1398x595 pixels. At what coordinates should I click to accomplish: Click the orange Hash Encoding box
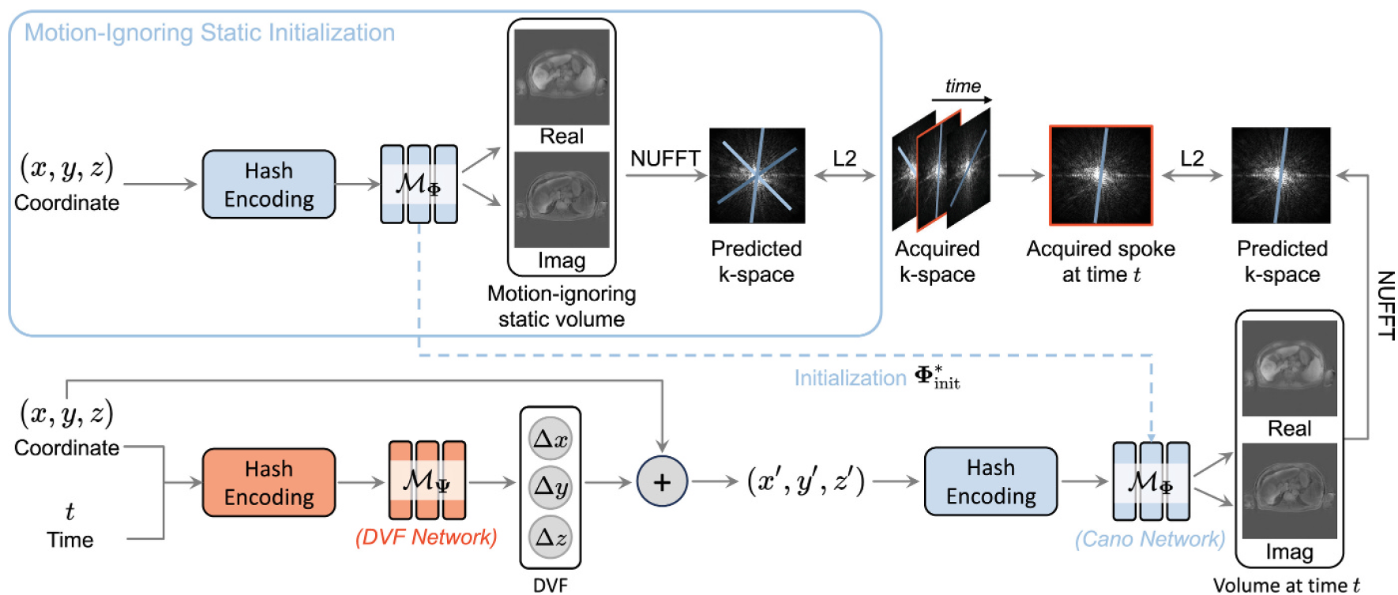pyautogui.click(x=269, y=483)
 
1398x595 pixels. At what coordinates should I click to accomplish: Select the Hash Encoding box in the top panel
pyautogui.click(x=269, y=185)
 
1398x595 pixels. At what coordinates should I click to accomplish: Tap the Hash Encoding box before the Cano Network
pyautogui.click(x=990, y=481)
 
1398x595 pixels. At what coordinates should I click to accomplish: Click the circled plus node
pyautogui.click(x=662, y=481)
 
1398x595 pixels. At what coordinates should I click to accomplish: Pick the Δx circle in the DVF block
pyautogui.click(x=551, y=439)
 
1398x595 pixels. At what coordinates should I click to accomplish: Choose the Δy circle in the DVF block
pyautogui.click(x=551, y=487)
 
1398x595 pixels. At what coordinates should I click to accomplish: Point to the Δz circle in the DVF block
pyautogui.click(x=551, y=537)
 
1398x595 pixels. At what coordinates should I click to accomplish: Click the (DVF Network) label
pyautogui.click(x=426, y=537)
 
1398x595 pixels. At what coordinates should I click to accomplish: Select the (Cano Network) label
pyautogui.click(x=1149, y=539)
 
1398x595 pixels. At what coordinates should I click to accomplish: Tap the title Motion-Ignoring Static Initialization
pyautogui.click(x=209, y=32)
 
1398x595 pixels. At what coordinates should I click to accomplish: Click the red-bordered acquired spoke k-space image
pyautogui.click(x=1100, y=175)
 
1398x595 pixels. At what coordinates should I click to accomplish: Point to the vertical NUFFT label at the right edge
pyautogui.click(x=1385, y=305)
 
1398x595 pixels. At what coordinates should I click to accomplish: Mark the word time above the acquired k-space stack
pyautogui.click(x=963, y=86)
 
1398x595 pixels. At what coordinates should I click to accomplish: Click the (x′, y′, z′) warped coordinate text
pyautogui.click(x=806, y=481)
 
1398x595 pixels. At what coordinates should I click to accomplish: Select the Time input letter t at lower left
pyautogui.click(x=70, y=512)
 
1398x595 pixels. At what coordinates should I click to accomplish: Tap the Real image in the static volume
pyautogui.click(x=562, y=77)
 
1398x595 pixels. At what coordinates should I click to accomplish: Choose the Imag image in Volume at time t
pyautogui.click(x=1289, y=490)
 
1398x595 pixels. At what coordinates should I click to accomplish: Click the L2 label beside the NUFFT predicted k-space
pyautogui.click(x=844, y=159)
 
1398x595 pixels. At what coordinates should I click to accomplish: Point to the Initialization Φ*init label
pyautogui.click(x=877, y=378)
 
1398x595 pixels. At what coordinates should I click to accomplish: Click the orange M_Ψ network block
pyautogui.click(x=427, y=480)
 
